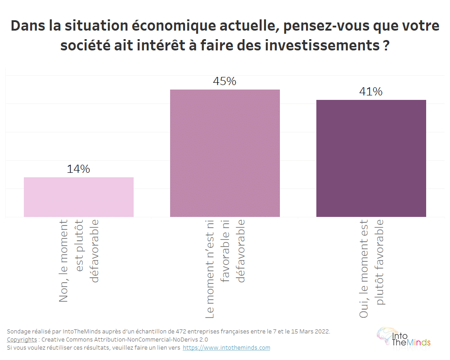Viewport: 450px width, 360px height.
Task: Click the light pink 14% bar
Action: (79, 197)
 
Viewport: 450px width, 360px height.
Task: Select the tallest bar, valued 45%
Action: (225, 153)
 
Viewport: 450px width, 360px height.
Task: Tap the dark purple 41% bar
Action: (371, 158)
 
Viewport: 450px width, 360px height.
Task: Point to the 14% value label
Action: (79, 169)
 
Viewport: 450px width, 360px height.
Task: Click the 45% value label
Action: (225, 81)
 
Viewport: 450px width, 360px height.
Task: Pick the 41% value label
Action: (371, 92)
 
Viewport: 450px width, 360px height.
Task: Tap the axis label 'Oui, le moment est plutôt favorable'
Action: (372, 268)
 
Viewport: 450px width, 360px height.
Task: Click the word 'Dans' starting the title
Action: (26, 26)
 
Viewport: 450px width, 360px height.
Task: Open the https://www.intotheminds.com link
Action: (226, 348)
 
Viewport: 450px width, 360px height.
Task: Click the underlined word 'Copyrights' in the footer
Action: (22, 340)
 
